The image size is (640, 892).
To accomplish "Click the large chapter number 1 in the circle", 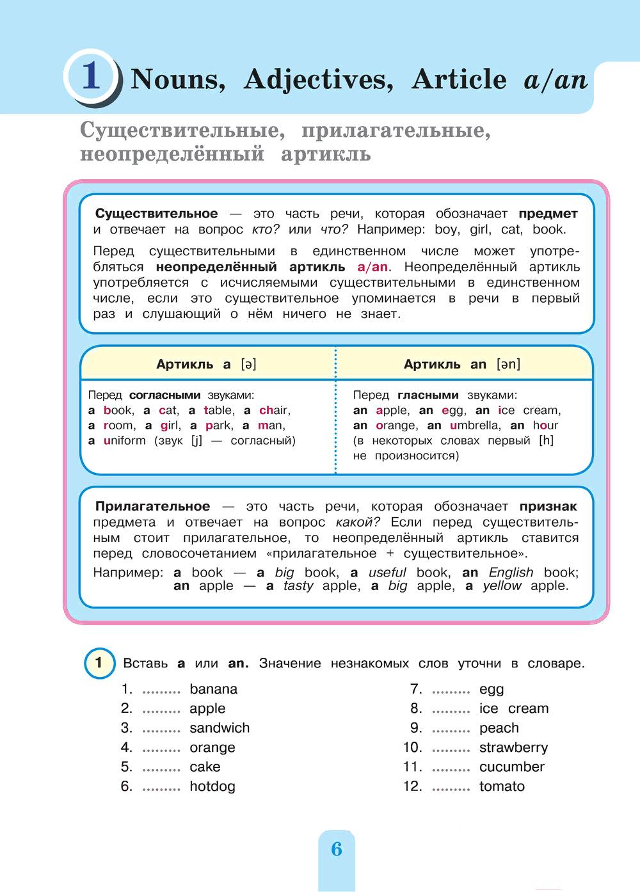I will (x=91, y=77).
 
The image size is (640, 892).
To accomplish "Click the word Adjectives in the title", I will (x=317, y=79).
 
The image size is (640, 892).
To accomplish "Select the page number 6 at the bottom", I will (x=337, y=849).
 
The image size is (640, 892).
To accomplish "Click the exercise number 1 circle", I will (x=99, y=662).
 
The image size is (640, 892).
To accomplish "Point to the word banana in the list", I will (x=213, y=689).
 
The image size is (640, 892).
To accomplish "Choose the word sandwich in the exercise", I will (x=220, y=728).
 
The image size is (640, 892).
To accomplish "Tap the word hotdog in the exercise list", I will (x=212, y=786).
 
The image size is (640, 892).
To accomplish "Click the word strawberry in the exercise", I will (x=513, y=747).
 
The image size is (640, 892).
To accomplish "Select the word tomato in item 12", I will (x=502, y=786).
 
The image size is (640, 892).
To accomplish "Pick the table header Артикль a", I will (x=206, y=365).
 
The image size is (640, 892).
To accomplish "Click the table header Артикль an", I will (x=461, y=365).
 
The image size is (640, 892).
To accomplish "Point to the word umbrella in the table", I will (x=474, y=426).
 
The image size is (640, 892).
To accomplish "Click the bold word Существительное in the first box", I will (x=156, y=214).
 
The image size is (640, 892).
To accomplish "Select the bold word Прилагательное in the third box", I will (x=152, y=507).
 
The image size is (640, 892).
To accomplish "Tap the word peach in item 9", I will (x=499, y=728).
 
